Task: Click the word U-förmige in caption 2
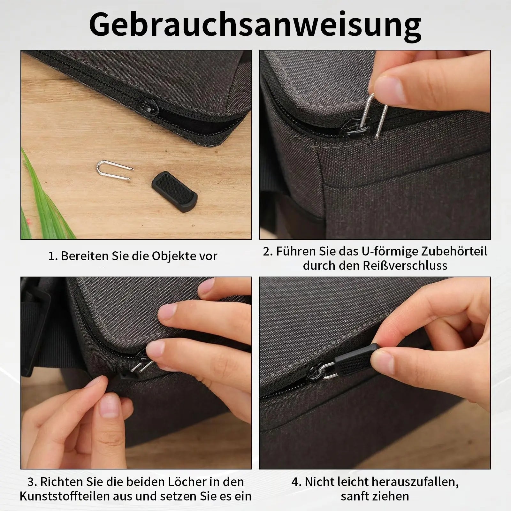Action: (x=389, y=251)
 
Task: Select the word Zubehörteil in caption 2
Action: (x=454, y=251)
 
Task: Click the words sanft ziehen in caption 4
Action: (x=375, y=496)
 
